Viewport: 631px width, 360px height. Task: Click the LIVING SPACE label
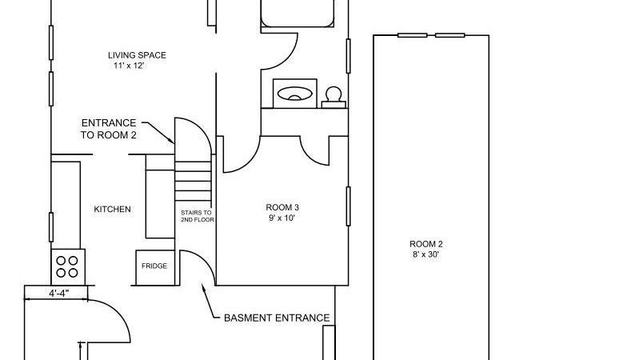137,55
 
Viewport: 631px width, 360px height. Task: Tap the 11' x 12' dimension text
129,66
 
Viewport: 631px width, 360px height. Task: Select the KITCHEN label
112,210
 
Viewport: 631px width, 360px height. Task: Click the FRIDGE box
155,268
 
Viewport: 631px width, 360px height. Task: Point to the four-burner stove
68,267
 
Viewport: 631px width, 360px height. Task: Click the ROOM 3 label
282,208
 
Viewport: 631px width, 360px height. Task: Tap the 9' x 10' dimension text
282,218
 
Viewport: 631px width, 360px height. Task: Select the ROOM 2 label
426,244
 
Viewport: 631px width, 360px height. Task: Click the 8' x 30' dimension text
425,254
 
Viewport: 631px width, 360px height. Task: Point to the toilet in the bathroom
333,98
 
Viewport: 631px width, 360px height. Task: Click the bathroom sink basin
295,94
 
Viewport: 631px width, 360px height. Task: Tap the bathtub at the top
298,13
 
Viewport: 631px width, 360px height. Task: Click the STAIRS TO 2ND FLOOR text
198,216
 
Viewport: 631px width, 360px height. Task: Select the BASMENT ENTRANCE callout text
277,318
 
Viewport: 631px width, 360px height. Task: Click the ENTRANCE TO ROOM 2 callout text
109,129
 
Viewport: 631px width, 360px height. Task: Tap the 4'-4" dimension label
59,294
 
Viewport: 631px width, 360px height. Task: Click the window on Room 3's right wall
348,206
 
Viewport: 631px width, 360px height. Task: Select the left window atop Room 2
413,35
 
